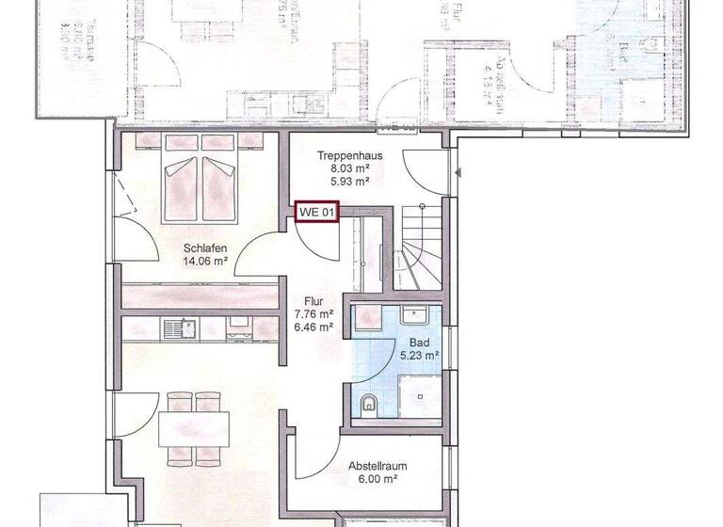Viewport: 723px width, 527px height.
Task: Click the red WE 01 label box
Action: point(317,213)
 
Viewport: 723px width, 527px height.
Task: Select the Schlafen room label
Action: point(206,249)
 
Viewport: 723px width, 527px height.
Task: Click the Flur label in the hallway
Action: point(314,300)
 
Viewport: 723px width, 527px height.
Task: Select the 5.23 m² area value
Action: point(418,356)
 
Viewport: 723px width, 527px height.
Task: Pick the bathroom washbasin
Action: point(417,316)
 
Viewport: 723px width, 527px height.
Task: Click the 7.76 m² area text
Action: point(314,314)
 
